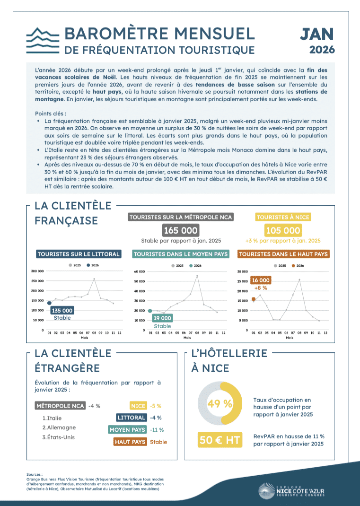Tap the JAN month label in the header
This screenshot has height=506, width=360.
pyautogui.click(x=317, y=34)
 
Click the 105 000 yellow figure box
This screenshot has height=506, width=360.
pyautogui.click(x=283, y=230)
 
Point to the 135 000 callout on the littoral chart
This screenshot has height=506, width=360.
pyautogui.click(x=62, y=311)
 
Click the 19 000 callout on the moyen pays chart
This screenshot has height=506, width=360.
pyautogui.click(x=162, y=318)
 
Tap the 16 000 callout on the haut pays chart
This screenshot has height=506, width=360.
pyautogui.click(x=261, y=280)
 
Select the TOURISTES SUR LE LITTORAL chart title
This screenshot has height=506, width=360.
pyautogui.click(x=78, y=254)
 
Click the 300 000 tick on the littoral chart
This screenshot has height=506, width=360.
pyautogui.click(x=37, y=271)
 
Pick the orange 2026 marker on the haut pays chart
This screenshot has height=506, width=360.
pyautogui.click(x=254, y=299)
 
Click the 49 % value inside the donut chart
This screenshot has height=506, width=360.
pyautogui.click(x=220, y=403)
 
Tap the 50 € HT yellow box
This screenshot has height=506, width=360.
pyautogui.click(x=220, y=440)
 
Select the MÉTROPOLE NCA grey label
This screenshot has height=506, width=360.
pyautogui.click(x=61, y=406)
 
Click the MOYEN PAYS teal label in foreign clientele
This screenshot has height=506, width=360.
pyautogui.click(x=127, y=430)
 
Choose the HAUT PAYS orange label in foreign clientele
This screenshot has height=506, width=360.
pyautogui.click(x=130, y=442)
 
